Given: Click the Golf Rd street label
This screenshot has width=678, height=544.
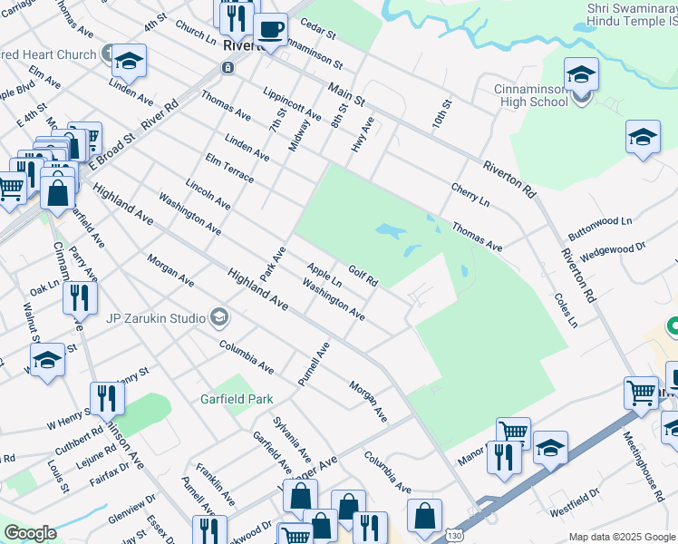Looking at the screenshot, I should (x=363, y=276).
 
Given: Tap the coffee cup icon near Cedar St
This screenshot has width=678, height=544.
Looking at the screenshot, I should (x=270, y=29).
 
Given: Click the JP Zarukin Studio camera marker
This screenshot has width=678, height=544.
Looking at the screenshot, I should (x=218, y=317).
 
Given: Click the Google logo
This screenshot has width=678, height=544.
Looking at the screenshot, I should (x=30, y=532).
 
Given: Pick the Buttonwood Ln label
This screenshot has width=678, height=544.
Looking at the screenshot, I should (x=599, y=221).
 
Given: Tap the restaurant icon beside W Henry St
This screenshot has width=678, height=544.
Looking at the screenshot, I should (x=106, y=397).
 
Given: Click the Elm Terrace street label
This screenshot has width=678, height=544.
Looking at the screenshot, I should (x=229, y=170).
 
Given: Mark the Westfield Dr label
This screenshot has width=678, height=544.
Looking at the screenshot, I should (x=575, y=503).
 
